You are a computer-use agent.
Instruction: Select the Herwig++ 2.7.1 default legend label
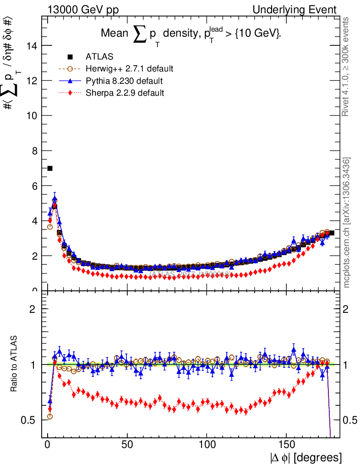click(129, 69)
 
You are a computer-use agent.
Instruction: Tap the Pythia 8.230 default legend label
click(124, 81)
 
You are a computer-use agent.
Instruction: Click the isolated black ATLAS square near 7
click(50, 169)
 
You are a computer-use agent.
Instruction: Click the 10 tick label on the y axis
click(33, 115)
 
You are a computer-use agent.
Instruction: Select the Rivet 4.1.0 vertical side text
click(347, 66)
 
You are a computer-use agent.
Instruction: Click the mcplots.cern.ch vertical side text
click(347, 222)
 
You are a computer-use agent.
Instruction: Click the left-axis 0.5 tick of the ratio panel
click(32, 420)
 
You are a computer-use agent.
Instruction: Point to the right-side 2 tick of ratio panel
click(347, 309)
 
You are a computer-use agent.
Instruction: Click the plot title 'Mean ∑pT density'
click(191, 34)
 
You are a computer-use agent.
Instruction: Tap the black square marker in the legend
click(70, 57)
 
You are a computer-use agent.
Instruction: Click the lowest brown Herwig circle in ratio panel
click(50, 416)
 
